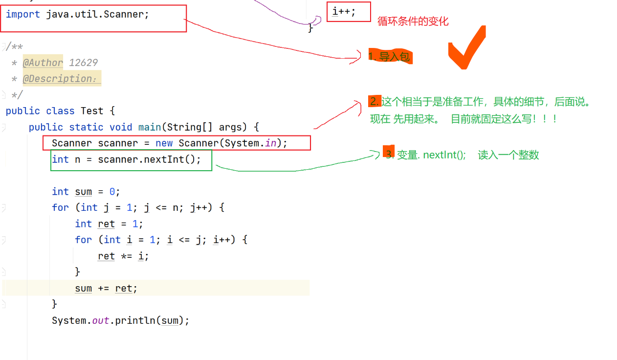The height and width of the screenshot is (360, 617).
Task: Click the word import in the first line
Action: click(x=23, y=14)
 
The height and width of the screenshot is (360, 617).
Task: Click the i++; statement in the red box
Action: click(x=344, y=12)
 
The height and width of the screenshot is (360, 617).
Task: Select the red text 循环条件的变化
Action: click(x=413, y=21)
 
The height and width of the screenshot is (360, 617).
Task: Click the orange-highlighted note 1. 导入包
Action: click(x=390, y=56)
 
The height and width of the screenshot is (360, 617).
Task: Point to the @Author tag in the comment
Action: click(x=43, y=63)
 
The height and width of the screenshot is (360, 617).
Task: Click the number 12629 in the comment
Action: click(x=83, y=63)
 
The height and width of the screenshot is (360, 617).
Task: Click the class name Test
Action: click(x=92, y=111)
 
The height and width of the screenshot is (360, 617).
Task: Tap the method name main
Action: click(x=150, y=127)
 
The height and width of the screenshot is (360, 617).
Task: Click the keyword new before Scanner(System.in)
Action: click(x=164, y=143)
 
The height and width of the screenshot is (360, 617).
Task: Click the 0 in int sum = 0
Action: click(x=112, y=192)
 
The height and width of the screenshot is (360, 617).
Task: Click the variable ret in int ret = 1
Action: click(x=106, y=224)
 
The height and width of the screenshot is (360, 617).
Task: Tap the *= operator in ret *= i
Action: click(x=127, y=256)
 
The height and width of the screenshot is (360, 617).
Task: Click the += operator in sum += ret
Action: click(x=104, y=289)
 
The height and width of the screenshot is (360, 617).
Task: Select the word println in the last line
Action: click(x=135, y=320)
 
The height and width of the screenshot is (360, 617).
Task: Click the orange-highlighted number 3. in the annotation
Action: click(x=389, y=152)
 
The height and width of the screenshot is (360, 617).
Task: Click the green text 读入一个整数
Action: click(x=508, y=155)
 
